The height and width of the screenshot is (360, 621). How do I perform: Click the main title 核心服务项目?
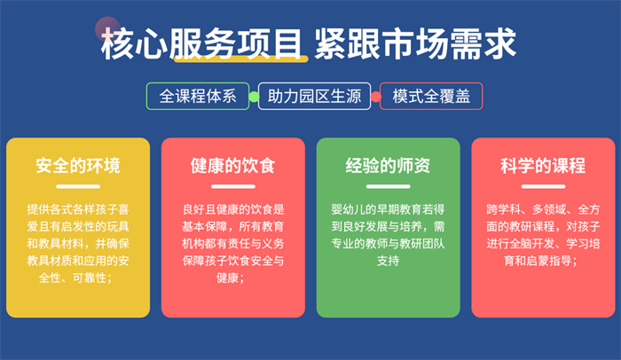click(201, 43)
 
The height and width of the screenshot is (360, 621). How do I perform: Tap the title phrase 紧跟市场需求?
click(415, 43)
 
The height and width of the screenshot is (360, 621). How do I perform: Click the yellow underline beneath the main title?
click(241, 59)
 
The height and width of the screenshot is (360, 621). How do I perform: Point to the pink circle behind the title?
click(107, 29)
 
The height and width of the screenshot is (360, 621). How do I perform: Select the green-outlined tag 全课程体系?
click(198, 96)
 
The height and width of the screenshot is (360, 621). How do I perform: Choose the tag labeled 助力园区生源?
click(314, 96)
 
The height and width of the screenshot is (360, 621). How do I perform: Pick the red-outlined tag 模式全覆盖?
click(431, 96)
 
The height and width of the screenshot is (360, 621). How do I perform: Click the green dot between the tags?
click(254, 97)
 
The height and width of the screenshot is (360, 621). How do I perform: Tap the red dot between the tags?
click(375, 97)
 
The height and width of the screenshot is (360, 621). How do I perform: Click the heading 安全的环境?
click(78, 166)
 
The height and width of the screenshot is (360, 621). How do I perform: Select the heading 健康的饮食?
click(232, 166)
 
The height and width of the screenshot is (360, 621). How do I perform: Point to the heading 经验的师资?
click(389, 166)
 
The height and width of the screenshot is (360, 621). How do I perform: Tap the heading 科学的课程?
click(543, 166)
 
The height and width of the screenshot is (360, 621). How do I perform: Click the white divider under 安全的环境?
click(78, 186)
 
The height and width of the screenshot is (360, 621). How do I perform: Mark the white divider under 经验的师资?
click(389, 186)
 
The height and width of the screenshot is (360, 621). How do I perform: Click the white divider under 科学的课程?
click(543, 186)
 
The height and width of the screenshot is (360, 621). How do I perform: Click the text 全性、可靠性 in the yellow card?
click(73, 278)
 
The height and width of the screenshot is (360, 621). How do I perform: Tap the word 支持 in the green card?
click(389, 261)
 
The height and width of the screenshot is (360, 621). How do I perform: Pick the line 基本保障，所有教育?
click(232, 226)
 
